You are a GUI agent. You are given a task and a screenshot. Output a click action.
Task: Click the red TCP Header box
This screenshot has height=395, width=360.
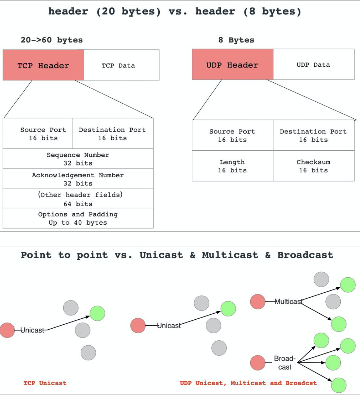click(43, 65)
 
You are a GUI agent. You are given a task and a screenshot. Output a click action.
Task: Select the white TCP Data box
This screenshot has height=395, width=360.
click(122, 65)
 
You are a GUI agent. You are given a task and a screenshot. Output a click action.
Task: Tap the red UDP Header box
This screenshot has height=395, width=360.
click(232, 64)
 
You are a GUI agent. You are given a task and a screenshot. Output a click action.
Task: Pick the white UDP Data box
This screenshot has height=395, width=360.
click(314, 64)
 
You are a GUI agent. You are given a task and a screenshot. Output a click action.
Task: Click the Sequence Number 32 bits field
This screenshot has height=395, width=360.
click(78, 159)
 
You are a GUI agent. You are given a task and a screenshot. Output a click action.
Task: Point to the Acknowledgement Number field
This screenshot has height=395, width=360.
click(78, 179)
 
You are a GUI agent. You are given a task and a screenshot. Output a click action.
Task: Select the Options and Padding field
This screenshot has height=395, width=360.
click(78, 218)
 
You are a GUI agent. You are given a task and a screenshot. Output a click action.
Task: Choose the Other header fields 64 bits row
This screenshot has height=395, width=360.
click(78, 199)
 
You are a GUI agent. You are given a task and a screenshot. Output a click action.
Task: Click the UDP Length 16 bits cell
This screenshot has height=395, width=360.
click(232, 166)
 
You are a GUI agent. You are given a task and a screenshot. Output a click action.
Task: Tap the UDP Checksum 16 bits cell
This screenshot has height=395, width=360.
click(314, 166)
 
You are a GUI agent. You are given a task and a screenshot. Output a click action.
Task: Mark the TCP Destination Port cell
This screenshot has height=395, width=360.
click(112, 134)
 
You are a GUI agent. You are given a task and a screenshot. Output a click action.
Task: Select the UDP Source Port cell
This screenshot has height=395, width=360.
click(232, 135)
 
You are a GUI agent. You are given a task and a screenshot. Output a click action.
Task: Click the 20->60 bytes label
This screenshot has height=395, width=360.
click(52, 40)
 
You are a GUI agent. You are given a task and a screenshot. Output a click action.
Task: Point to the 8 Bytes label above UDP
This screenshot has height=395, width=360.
click(236, 40)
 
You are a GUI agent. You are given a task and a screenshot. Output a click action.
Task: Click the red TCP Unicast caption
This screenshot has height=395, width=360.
click(45, 383)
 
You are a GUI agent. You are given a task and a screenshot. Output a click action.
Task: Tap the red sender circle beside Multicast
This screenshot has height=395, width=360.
click(258, 301)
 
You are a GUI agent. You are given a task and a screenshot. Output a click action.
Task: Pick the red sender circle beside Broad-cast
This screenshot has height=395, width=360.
click(258, 363)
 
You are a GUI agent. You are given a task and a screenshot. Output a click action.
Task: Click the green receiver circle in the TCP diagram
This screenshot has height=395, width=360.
click(97, 313)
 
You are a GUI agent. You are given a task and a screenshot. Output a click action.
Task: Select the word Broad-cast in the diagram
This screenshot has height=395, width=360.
click(285, 363)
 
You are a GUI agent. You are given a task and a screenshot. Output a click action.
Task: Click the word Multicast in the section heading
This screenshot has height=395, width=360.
click(230, 255)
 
